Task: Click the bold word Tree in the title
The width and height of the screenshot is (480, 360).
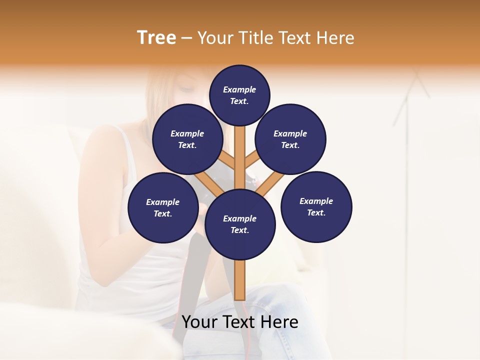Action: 156,38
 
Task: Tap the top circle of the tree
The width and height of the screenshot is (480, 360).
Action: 239,95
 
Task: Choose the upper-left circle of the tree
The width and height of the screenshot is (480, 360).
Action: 187,139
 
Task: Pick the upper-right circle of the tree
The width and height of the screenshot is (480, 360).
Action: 290,139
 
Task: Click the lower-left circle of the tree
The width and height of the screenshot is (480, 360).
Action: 163,207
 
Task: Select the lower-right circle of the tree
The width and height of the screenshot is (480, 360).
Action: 316,207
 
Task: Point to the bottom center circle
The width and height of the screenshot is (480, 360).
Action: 240,224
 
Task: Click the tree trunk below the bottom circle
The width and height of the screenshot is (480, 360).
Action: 240,280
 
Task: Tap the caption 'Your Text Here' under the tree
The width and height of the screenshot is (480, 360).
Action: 240,322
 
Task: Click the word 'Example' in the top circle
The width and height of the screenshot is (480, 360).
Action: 239,89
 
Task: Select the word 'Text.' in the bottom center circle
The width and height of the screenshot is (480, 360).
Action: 239,230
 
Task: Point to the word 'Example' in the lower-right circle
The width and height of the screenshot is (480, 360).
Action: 316,201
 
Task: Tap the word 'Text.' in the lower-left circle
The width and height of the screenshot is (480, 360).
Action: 162,214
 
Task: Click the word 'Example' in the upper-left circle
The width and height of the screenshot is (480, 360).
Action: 187,133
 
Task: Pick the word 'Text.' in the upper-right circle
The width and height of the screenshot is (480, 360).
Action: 290,145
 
